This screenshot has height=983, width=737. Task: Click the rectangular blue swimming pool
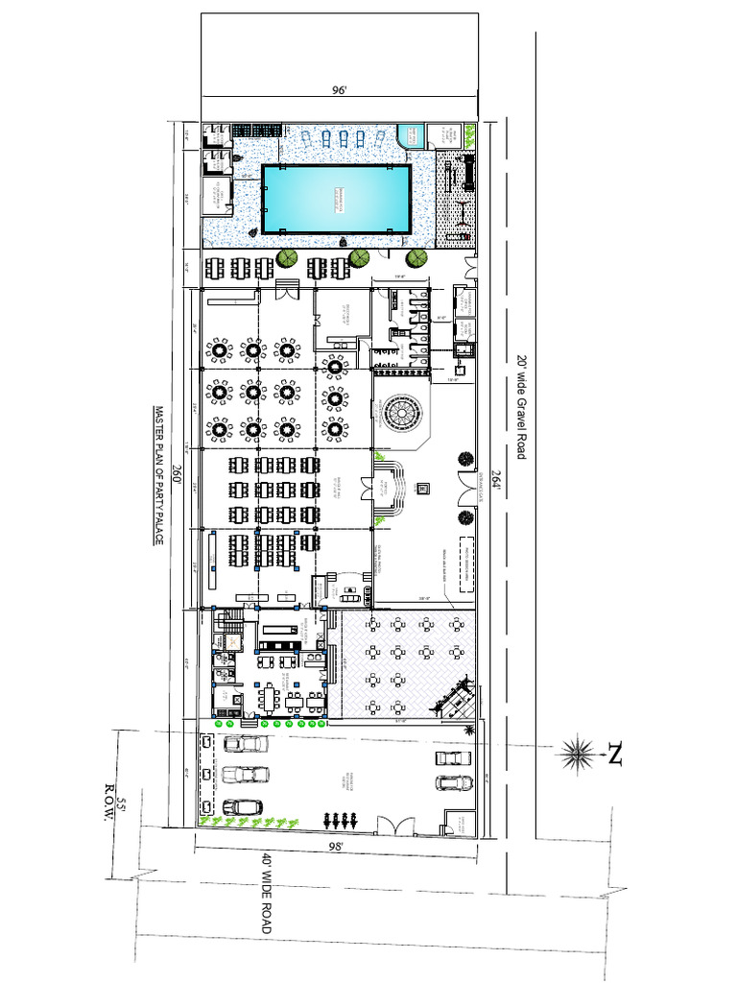point(337,199)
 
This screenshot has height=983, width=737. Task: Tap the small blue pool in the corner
point(411,135)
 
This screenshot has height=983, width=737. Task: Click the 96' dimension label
point(339,90)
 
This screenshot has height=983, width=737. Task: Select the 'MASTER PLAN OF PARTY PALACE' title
point(159,475)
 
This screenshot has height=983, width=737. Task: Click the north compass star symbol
point(578,754)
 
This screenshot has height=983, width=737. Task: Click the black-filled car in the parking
point(243,806)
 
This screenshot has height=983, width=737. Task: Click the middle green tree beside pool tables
point(359,258)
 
